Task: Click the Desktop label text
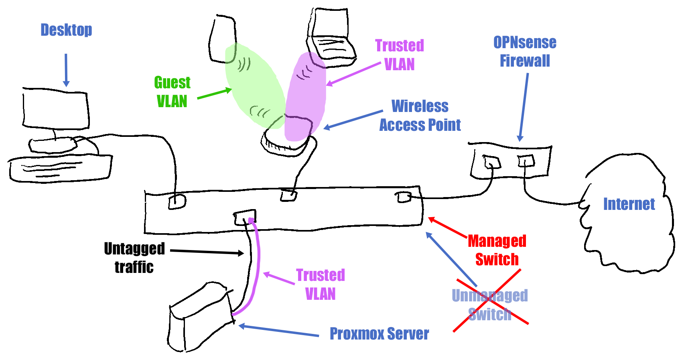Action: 66,30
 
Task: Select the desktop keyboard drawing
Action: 60,169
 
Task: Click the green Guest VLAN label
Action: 172,92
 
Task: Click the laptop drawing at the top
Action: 331,36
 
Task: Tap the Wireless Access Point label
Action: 420,116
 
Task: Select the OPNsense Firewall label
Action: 525,51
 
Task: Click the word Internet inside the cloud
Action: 629,204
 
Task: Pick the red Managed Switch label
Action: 497,250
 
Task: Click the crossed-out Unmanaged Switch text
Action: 489,305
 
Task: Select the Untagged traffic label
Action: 134,258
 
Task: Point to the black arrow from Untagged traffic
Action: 207,252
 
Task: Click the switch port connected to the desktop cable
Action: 177,201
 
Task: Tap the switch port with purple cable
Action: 245,218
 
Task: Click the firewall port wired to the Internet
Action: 526,161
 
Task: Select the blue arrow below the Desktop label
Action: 66,70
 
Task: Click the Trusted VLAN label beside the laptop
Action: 400,55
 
